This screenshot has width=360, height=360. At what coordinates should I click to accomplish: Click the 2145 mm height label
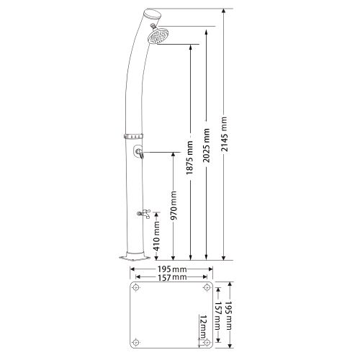pos(224,134)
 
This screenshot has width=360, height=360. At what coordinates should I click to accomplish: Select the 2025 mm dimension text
pos(206,145)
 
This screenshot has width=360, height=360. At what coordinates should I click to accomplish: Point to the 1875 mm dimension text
pos(189,158)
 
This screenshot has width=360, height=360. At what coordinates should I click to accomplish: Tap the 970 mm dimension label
pos(174,205)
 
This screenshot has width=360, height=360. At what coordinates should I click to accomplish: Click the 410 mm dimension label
pos(156,236)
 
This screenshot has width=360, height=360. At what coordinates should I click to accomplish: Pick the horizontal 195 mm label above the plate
pos(171,269)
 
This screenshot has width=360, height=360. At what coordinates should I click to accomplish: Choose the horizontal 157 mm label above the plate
pos(171,277)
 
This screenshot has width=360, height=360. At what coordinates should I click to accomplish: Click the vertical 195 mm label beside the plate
pos(230,315)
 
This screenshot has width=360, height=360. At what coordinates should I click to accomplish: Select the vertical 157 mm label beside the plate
pos(218,315)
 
